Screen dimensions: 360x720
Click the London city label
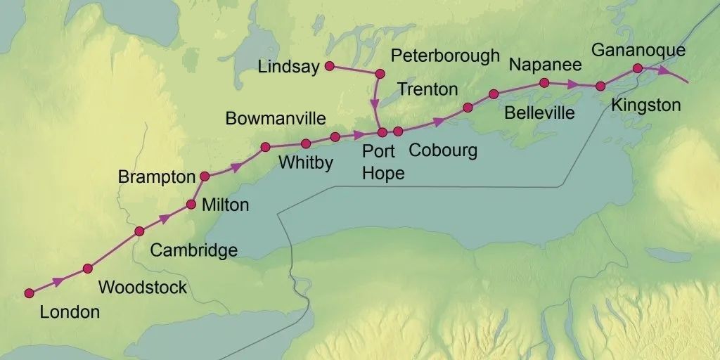click(70, 312)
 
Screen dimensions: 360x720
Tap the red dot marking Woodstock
click(88, 268)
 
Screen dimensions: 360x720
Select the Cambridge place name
click(194, 250)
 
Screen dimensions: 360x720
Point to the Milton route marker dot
click(191, 205)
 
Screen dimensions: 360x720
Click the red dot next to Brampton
click(205, 176)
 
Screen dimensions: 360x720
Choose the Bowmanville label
click(276, 118)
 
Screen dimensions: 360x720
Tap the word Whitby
click(306, 163)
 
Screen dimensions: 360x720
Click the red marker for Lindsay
click(329, 67)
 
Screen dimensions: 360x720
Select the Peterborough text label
click(445, 56)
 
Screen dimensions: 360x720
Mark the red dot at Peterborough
click(380, 73)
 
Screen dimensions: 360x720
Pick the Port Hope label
click(383, 162)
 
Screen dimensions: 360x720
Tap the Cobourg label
click(443, 150)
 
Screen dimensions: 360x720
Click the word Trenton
click(427, 89)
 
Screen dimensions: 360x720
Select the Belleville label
click(539, 112)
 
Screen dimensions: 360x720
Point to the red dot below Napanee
click(544, 82)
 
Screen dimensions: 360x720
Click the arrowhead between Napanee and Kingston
click(574, 84)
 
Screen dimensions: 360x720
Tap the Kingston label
click(646, 105)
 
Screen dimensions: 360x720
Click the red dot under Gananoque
click(637, 68)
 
